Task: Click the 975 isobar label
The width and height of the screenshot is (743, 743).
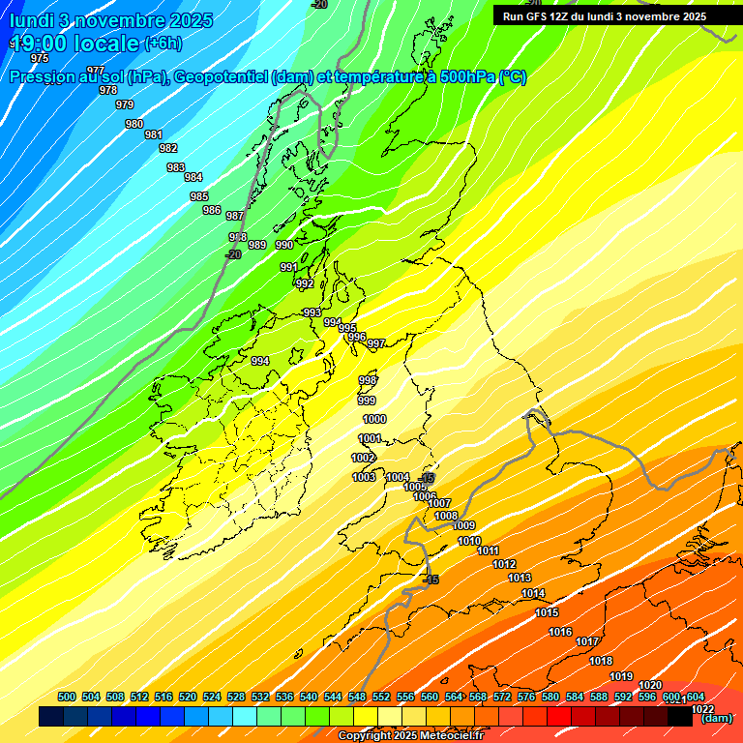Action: pyautogui.click(x=40, y=58)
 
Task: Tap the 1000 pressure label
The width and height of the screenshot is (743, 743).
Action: pyautogui.click(x=374, y=419)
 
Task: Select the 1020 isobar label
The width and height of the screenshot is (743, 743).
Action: pyautogui.click(x=650, y=685)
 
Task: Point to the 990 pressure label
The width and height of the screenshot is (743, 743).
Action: pyautogui.click(x=284, y=245)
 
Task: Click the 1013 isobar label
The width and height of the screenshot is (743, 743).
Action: pyautogui.click(x=520, y=578)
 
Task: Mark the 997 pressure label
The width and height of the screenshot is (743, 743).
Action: pyautogui.click(x=376, y=343)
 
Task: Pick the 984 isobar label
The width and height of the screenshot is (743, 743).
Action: pyautogui.click(x=193, y=177)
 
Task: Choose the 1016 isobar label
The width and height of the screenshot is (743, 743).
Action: pyautogui.click(x=560, y=632)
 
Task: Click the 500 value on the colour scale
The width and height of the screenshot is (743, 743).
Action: pyautogui.click(x=67, y=697)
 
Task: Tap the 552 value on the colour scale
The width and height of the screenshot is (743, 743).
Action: pyautogui.click(x=381, y=697)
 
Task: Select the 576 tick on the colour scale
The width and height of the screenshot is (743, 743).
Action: pyautogui.click(x=526, y=697)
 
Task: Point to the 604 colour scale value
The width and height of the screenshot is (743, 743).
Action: pyautogui.click(x=695, y=697)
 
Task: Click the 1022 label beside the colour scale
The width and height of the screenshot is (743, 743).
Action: pyautogui.click(x=703, y=708)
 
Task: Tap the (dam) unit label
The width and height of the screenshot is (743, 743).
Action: pyautogui.click(x=717, y=718)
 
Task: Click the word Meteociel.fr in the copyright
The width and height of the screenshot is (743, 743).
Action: pyautogui.click(x=451, y=736)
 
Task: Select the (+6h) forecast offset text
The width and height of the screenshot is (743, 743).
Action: pyautogui.click(x=162, y=43)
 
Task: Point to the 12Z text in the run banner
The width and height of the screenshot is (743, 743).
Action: pyautogui.click(x=558, y=16)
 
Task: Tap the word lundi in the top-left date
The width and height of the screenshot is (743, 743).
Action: pyautogui.click(x=32, y=20)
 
